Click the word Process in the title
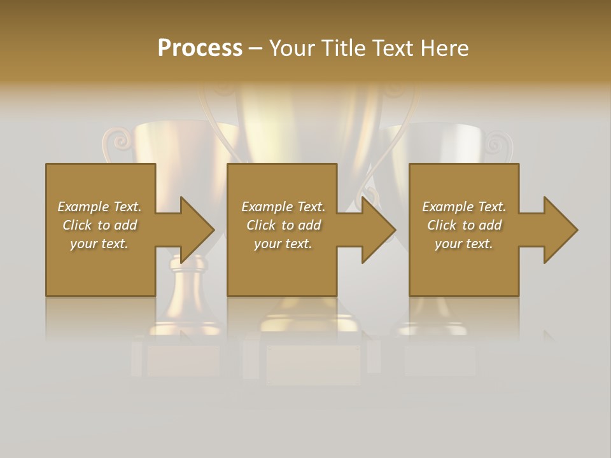200,48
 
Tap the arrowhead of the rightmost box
559,230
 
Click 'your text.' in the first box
99,244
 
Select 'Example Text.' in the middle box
283,207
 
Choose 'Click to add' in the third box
465,225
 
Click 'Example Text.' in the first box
99,207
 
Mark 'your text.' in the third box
464,244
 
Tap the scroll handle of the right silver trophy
495,144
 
